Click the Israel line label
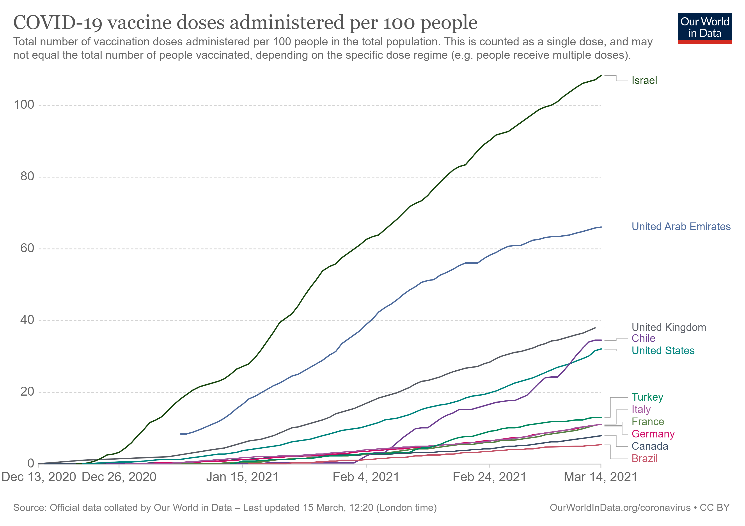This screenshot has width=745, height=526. point(644,80)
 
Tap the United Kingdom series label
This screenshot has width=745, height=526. point(669,327)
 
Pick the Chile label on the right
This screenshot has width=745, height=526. point(643,338)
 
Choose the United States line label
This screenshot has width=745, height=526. point(663,351)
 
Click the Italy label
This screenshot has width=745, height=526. point(641,409)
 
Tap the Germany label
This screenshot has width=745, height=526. point(653,434)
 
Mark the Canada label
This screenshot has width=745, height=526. point(650,446)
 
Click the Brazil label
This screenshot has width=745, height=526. point(644,459)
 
